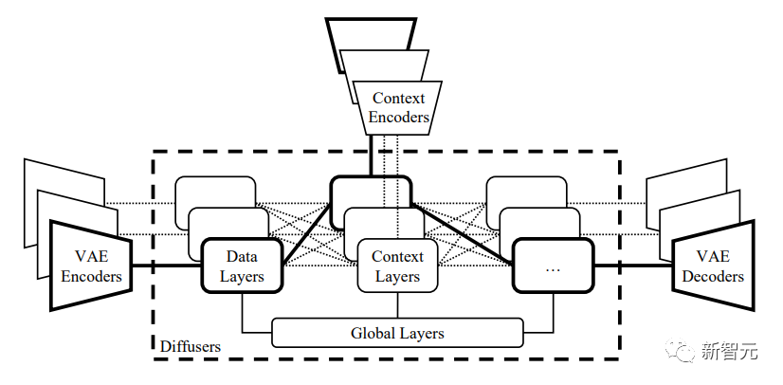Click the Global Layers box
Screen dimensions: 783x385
pyautogui.click(x=397, y=332)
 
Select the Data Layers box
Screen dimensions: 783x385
pyautogui.click(x=242, y=266)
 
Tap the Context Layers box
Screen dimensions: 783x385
pyautogui.click(x=397, y=266)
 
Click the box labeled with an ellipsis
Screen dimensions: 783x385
pyautogui.click(x=554, y=266)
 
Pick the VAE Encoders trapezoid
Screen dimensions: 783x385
pyautogui.click(x=91, y=266)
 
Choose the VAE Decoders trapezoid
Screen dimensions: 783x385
pyautogui.click(x=713, y=266)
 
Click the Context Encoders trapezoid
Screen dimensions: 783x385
pyautogui.click(x=397, y=108)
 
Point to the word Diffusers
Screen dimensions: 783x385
pyautogui.click(x=191, y=346)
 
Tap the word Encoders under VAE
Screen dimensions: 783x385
pyautogui.click(x=91, y=276)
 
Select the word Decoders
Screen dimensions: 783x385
pyautogui.click(x=713, y=276)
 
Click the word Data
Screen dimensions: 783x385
pyautogui.click(x=242, y=257)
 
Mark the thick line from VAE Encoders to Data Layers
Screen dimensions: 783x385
pyautogui.click(x=167, y=266)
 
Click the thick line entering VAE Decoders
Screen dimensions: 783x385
pyautogui.click(x=633, y=266)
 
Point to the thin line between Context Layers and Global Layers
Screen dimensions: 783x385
pyautogui.click(x=397, y=305)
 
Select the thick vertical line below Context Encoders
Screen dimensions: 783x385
pyautogui.click(x=371, y=156)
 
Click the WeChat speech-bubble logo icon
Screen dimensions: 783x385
pyautogui.click(x=679, y=350)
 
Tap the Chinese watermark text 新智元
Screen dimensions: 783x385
pyautogui.click(x=729, y=352)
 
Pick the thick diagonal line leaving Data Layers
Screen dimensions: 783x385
pyautogui.click(x=306, y=233)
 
